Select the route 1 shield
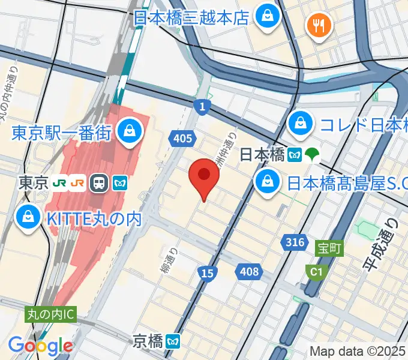203,106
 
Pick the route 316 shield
295,242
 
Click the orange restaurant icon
316,25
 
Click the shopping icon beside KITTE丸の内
27,218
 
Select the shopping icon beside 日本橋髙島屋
265,181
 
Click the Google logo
40,346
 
